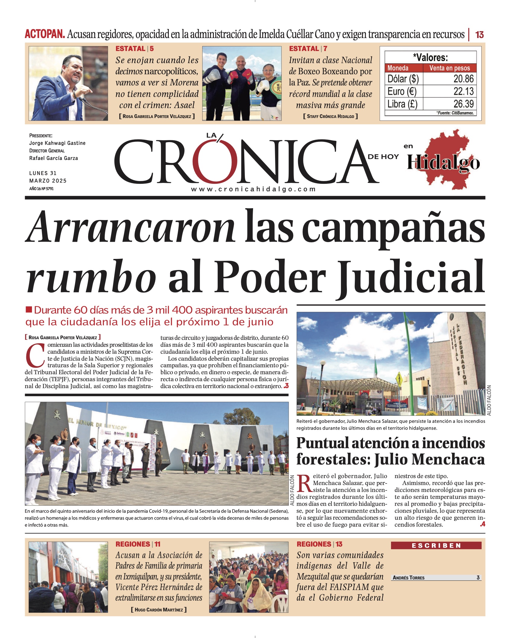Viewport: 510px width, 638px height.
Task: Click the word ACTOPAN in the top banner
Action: click(x=45, y=34)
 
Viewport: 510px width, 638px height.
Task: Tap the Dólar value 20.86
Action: click(x=463, y=79)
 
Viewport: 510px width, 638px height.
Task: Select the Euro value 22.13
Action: click(x=463, y=91)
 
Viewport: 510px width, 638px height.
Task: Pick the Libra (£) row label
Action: click(x=402, y=104)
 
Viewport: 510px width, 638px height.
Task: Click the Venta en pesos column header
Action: click(x=449, y=68)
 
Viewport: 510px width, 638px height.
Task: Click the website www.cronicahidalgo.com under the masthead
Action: click(x=253, y=189)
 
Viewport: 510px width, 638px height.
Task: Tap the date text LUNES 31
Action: click(x=43, y=173)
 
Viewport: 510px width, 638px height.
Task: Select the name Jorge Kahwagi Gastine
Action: click(x=57, y=143)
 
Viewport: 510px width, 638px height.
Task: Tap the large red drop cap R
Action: click(x=304, y=483)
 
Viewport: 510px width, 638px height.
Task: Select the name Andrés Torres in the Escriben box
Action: click(x=409, y=578)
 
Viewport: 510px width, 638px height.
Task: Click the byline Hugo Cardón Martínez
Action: click(x=159, y=610)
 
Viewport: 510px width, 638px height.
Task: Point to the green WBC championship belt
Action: click(x=276, y=88)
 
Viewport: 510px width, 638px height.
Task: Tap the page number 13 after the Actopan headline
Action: click(x=479, y=35)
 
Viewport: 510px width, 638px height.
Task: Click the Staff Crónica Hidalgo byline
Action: click(x=330, y=116)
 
